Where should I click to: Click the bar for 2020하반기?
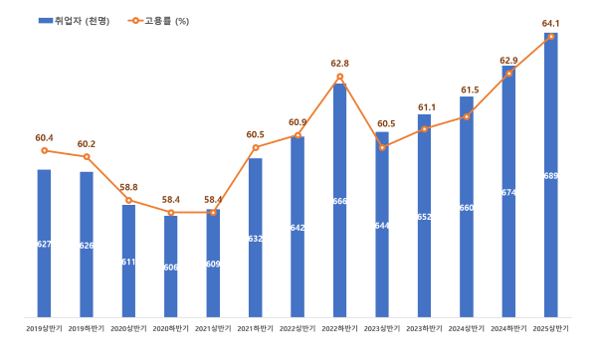171,265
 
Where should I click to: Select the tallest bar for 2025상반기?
550,174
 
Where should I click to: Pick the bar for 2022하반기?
339,199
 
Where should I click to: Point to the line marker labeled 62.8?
339,77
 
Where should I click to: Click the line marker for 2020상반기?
128,200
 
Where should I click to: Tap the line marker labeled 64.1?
550,37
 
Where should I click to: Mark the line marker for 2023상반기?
382,147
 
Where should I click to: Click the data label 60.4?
44,138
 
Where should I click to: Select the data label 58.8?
128,187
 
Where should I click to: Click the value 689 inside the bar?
550,176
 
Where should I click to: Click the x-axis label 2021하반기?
256,327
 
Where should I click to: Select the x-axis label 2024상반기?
467,327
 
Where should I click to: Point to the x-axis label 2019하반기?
87,327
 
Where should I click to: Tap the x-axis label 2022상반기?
298,327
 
